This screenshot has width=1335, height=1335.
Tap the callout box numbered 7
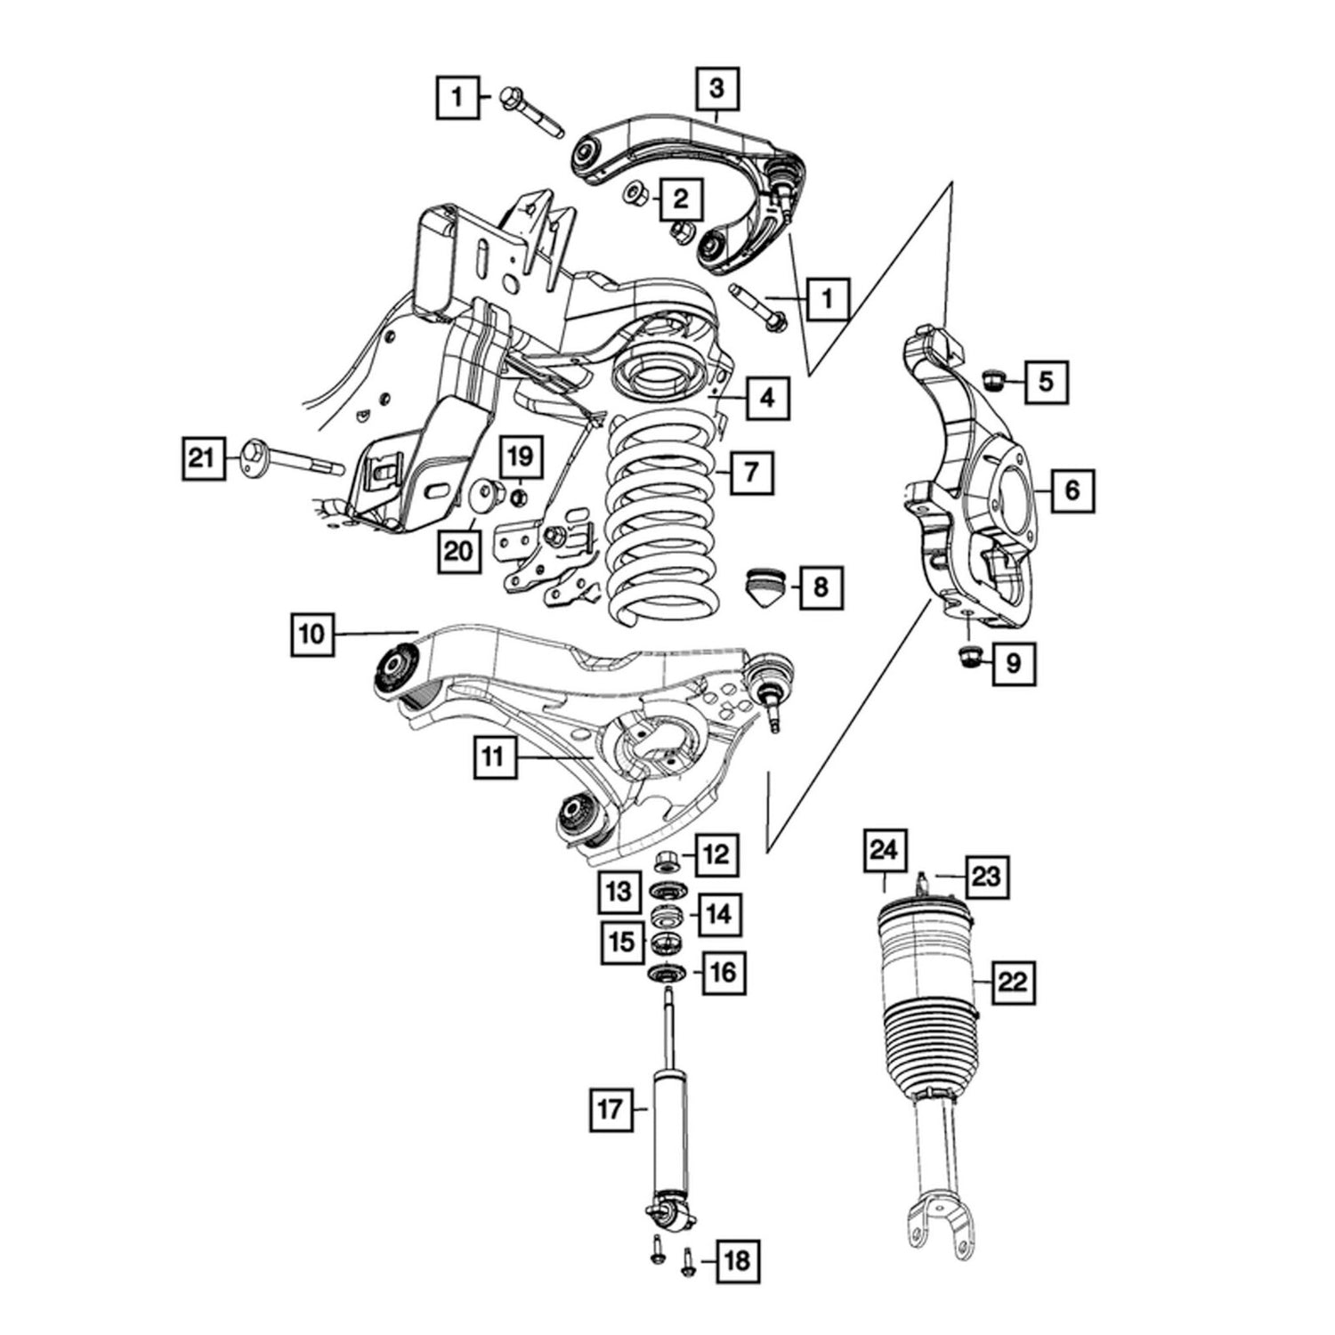752,472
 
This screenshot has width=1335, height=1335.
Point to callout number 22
1014,983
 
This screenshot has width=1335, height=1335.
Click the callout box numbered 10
311,635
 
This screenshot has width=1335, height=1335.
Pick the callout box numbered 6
1072,489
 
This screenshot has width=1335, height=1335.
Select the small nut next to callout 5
993,380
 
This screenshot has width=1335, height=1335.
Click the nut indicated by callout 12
666,861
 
